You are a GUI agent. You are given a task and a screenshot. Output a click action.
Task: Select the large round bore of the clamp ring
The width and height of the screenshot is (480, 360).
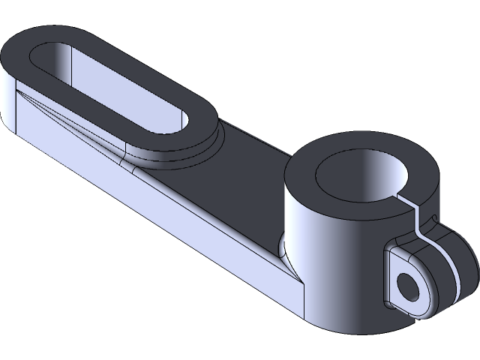[x=361, y=177]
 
